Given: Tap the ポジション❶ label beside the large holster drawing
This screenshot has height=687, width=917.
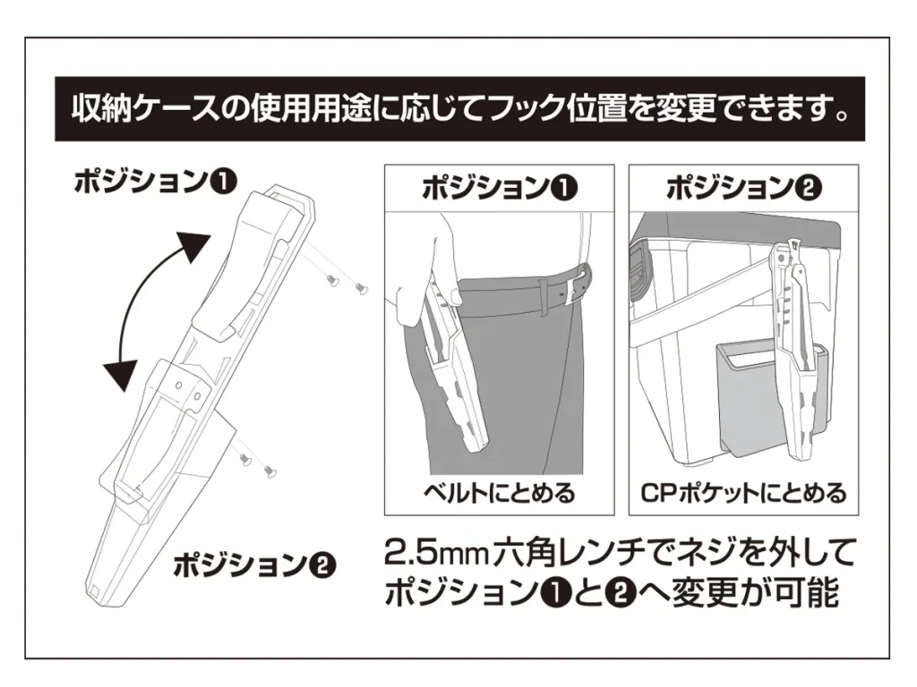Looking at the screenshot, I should [x=156, y=181].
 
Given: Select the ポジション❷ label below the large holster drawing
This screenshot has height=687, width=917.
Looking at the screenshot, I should [x=253, y=565].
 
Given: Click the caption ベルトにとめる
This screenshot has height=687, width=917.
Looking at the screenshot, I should [x=500, y=493].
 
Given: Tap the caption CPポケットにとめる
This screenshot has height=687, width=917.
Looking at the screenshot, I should [x=743, y=493].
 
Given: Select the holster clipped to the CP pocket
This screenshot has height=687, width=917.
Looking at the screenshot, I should [x=795, y=358].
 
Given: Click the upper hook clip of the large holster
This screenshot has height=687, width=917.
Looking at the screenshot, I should [x=242, y=268].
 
